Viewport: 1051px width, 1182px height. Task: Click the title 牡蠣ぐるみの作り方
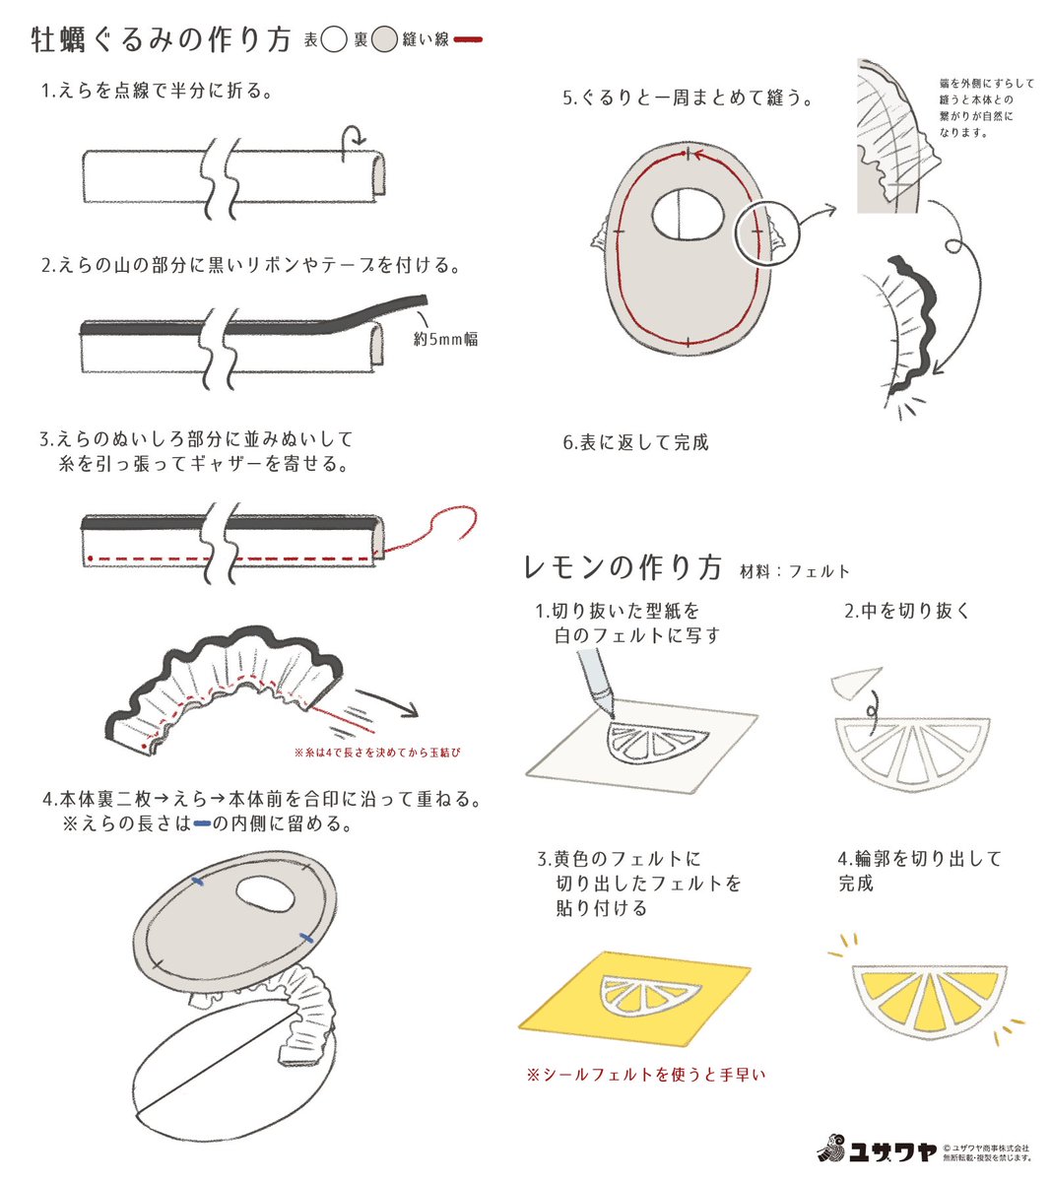click(162, 40)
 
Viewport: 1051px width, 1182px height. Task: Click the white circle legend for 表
click(335, 40)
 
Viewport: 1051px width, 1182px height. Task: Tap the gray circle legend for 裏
click(385, 40)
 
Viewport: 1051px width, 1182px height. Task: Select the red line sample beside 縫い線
click(467, 40)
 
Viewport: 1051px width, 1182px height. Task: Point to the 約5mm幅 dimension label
click(445, 339)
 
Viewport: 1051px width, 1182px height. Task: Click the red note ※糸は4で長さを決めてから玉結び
click(377, 753)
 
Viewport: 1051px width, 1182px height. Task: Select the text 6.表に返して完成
click(635, 443)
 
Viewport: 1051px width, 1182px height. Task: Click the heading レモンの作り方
click(623, 568)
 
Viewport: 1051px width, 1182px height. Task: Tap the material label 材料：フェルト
click(794, 571)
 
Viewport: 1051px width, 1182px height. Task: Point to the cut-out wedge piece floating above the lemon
click(857, 681)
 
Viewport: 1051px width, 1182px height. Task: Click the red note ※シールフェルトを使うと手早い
click(645, 1075)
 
